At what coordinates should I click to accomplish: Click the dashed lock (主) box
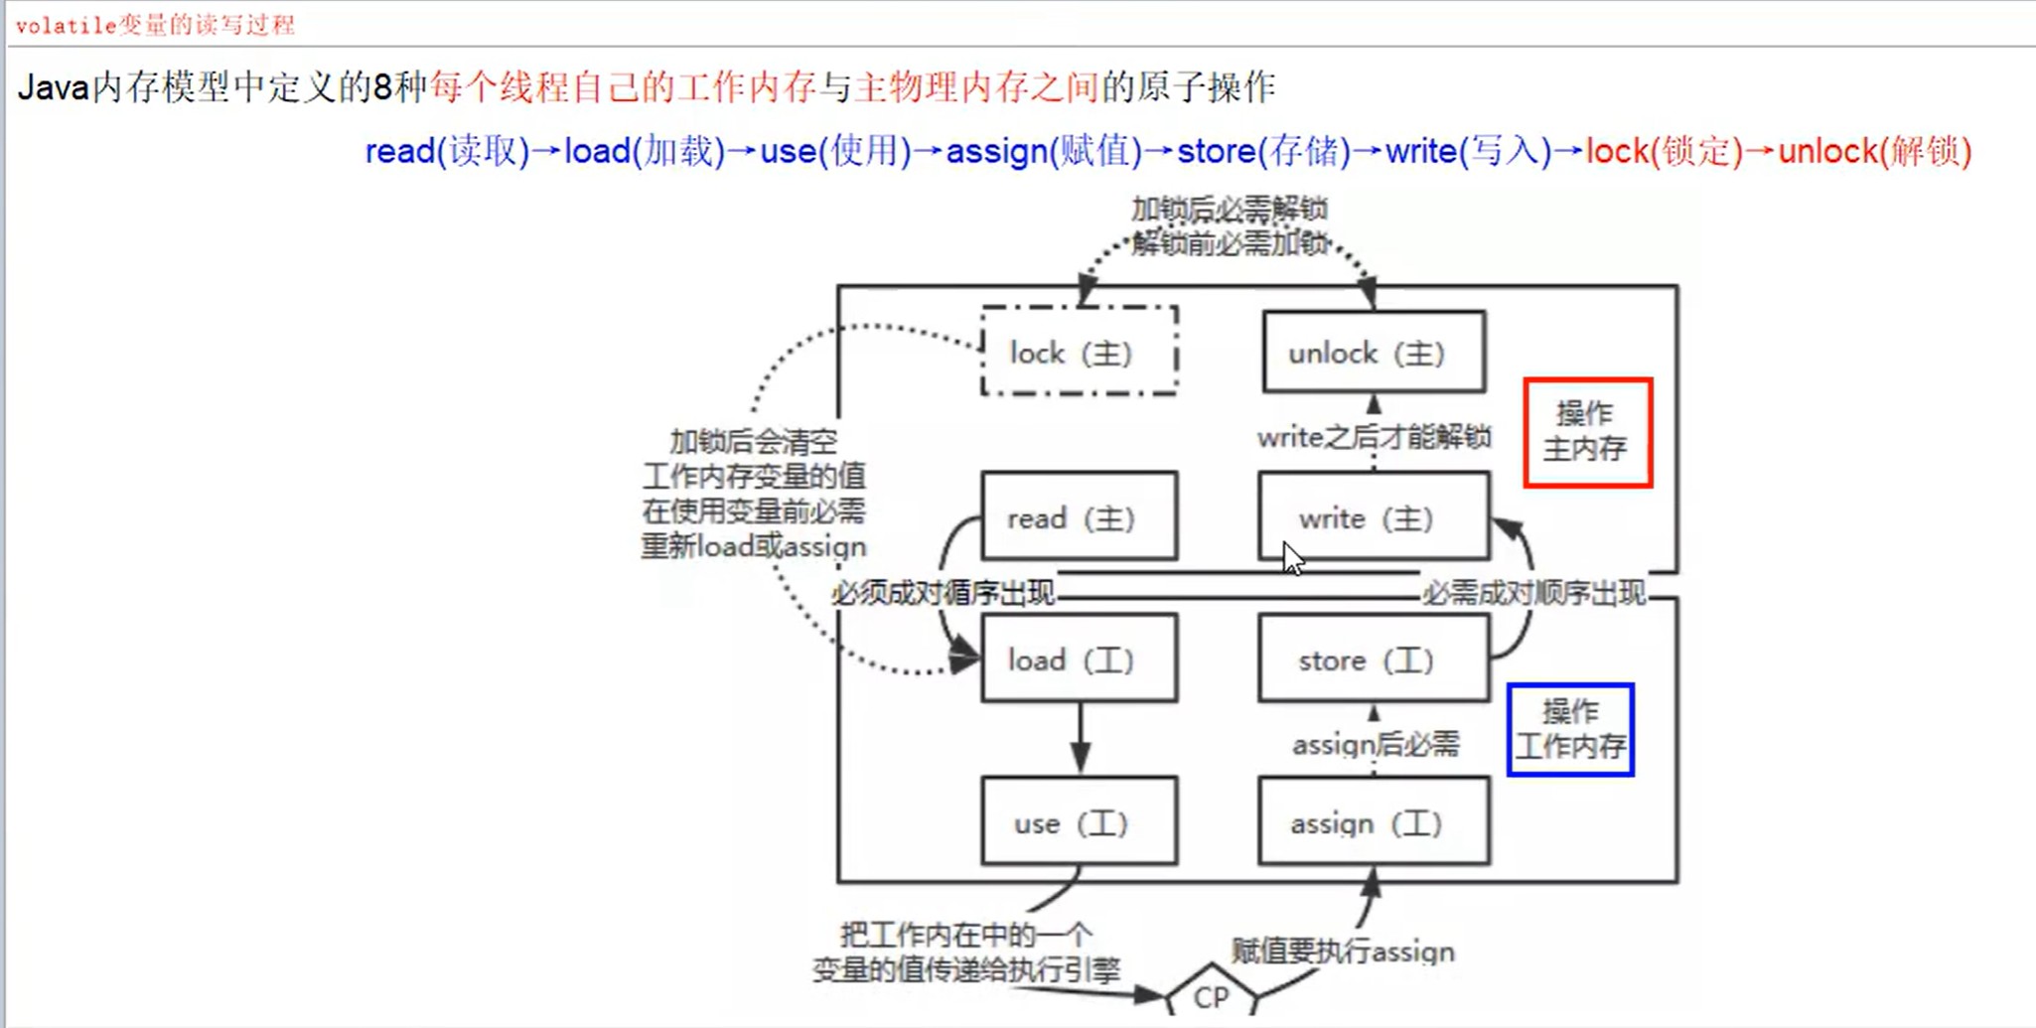click(x=1080, y=352)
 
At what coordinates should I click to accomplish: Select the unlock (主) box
click(x=1374, y=353)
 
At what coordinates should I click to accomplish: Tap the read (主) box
click(x=1080, y=517)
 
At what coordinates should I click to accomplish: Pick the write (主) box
click(x=1374, y=517)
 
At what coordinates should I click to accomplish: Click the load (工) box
click(x=1080, y=660)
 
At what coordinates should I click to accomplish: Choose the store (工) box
click(x=1374, y=660)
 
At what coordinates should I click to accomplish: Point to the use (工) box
click(x=1080, y=822)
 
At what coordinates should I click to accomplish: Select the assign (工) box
click(x=1374, y=822)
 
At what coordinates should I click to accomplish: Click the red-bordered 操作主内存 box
click(x=1587, y=432)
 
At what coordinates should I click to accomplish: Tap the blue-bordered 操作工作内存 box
click(x=1569, y=729)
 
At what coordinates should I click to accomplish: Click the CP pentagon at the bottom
click(x=1211, y=995)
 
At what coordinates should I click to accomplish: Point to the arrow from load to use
click(x=1081, y=740)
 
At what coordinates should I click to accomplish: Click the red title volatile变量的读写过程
click(x=156, y=25)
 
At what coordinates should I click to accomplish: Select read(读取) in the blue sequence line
click(x=447, y=151)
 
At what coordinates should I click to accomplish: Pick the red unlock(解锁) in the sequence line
click(x=1874, y=151)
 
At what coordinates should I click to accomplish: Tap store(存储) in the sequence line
click(x=1263, y=151)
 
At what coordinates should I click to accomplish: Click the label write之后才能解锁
click(x=1374, y=437)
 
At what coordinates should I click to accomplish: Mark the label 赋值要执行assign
click(x=1343, y=952)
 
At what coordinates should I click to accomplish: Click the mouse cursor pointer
click(x=1291, y=558)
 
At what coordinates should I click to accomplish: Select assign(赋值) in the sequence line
click(x=1043, y=151)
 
